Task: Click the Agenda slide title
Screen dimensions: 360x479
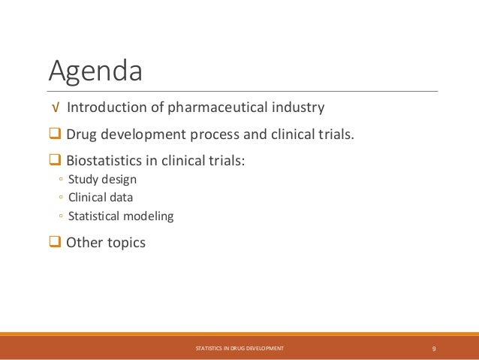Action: (x=95, y=71)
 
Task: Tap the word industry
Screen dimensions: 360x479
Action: (x=299, y=107)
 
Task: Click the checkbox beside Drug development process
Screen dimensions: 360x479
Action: (x=55, y=135)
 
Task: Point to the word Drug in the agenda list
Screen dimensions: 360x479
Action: (x=82, y=135)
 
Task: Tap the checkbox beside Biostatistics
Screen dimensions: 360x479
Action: (x=55, y=160)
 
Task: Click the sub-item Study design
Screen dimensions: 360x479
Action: (x=102, y=180)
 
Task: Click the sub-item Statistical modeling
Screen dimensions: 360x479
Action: (x=120, y=216)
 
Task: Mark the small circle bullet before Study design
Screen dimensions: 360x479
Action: (x=59, y=180)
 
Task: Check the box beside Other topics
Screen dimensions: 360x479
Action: (x=55, y=243)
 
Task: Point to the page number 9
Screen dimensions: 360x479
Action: (x=435, y=349)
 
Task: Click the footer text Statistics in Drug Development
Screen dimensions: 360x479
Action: (x=239, y=349)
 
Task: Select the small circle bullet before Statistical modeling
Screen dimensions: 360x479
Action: (x=59, y=217)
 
